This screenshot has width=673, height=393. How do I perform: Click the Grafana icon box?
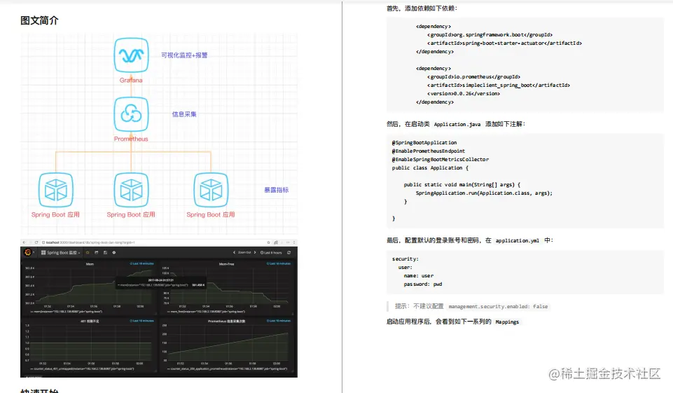[x=131, y=55]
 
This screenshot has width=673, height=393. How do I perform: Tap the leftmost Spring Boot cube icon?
[x=55, y=190]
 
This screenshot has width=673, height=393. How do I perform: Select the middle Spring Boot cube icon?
[x=131, y=190]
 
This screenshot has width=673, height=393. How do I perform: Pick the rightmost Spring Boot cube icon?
[x=210, y=190]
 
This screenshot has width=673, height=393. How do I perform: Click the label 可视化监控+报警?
[x=184, y=55]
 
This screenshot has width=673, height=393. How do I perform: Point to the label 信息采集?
[x=185, y=114]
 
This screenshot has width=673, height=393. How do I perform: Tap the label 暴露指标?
[x=276, y=191]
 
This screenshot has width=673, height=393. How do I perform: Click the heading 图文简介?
[x=39, y=20]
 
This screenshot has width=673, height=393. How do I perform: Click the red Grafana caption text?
[x=131, y=81]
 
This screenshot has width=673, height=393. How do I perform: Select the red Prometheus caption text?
[x=131, y=139]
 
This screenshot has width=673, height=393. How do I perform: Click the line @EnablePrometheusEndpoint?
[x=428, y=151]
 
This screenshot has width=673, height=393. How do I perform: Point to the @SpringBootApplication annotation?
[x=424, y=143]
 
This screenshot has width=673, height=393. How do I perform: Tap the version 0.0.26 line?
[x=463, y=93]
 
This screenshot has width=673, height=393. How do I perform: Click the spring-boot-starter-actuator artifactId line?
[x=504, y=43]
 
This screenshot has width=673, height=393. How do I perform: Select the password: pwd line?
[x=422, y=284]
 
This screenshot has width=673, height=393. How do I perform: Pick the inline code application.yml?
[x=517, y=240]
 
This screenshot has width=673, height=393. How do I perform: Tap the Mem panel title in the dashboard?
[x=90, y=263]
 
